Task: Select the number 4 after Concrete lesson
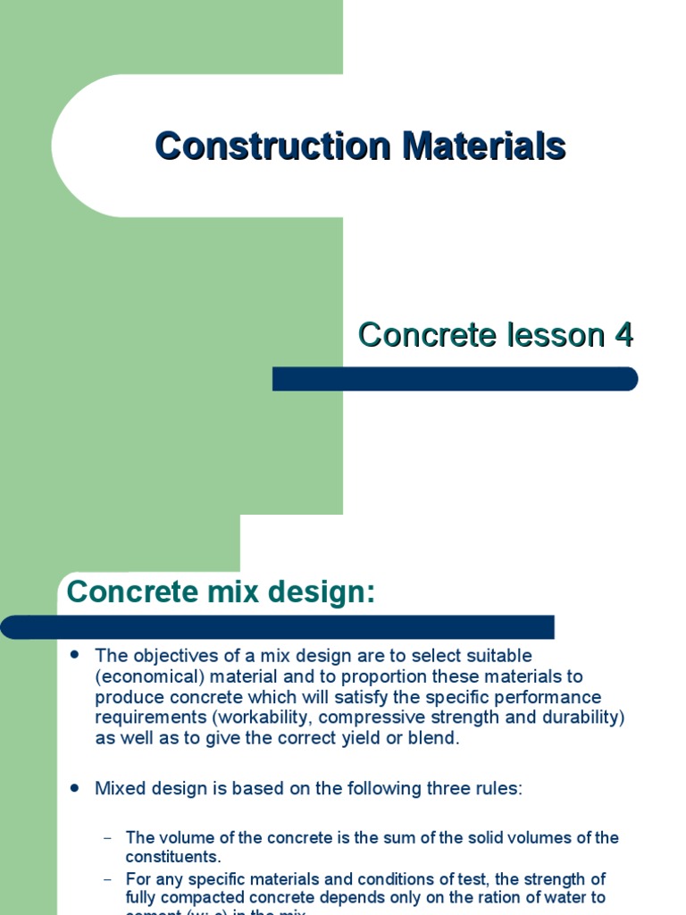(x=623, y=335)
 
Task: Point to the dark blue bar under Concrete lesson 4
(x=455, y=379)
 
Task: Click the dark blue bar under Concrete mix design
(x=277, y=626)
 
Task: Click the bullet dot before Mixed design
(x=75, y=788)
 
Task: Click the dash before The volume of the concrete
(x=108, y=838)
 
